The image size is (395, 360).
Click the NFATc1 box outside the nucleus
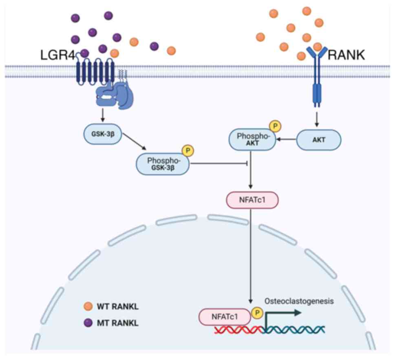coord(251,200)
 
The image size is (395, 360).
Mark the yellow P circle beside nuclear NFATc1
coord(257,313)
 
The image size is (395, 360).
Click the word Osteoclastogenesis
coord(299,301)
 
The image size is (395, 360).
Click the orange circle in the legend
coord(87,305)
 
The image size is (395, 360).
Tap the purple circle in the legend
coord(87,323)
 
